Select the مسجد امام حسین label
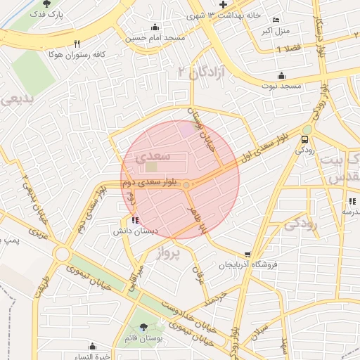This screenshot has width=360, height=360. coord(155,38)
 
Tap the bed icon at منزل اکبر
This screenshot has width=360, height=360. coord(276,20)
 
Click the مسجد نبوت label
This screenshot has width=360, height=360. coord(281,85)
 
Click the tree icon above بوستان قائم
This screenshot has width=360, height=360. coord(144,326)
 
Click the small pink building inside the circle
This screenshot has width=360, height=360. coord(185,129)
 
